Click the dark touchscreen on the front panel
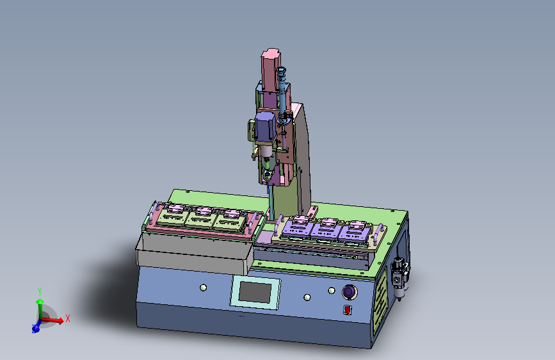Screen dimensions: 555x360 click(x=255, y=292)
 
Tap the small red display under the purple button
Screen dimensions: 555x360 click(x=347, y=310)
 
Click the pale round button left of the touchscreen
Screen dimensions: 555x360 click(x=203, y=288)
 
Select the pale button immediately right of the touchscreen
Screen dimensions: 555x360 click(x=307, y=297)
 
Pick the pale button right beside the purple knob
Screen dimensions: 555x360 click(x=332, y=291)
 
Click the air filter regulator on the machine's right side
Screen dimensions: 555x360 click(x=399, y=279)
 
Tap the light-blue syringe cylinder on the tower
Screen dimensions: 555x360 click(x=282, y=91)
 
